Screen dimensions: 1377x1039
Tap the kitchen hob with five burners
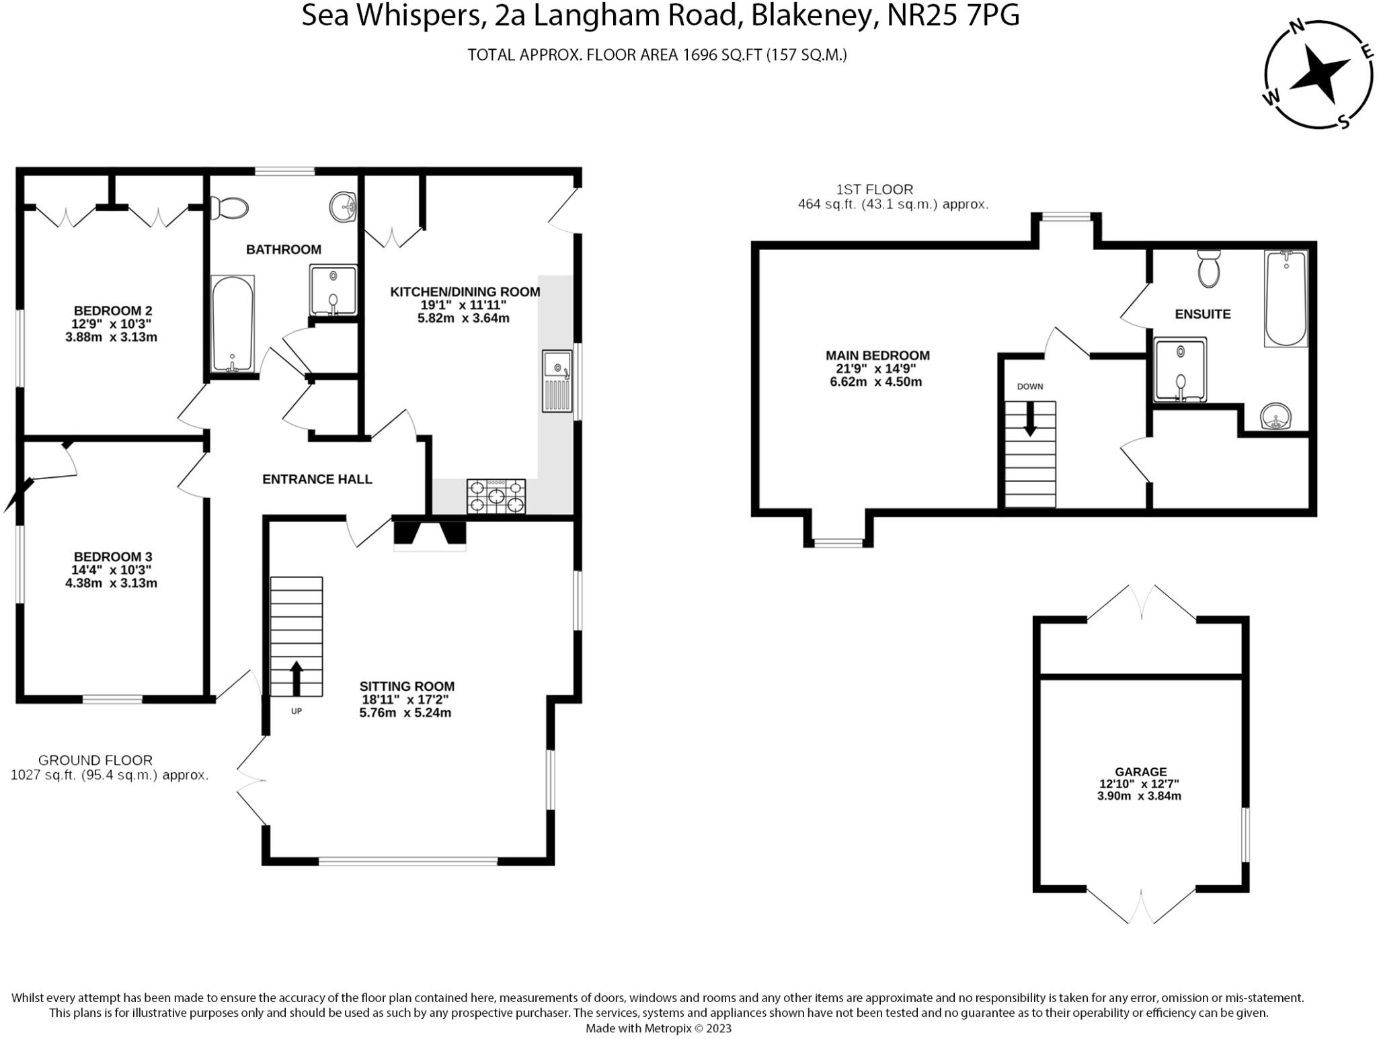[496, 496]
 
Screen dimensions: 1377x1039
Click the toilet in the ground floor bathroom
[229, 208]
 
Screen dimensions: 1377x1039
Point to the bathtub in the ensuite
[1286, 298]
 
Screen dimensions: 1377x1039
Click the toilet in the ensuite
[1209, 269]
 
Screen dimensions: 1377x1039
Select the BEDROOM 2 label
[113, 310]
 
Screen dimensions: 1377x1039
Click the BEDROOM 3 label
[113, 556]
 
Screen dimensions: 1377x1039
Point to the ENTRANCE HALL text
[317, 479]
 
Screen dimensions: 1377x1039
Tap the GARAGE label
[1140, 772]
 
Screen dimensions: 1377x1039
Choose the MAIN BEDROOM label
[877, 356]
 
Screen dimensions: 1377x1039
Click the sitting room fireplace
[430, 535]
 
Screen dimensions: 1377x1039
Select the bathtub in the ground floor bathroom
[233, 324]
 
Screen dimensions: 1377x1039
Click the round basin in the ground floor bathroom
[344, 206]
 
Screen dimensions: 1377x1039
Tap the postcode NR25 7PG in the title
[953, 15]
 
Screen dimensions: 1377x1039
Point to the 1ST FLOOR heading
[874, 190]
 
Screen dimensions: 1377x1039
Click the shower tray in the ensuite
[1180, 370]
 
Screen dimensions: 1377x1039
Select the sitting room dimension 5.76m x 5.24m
[405, 712]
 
